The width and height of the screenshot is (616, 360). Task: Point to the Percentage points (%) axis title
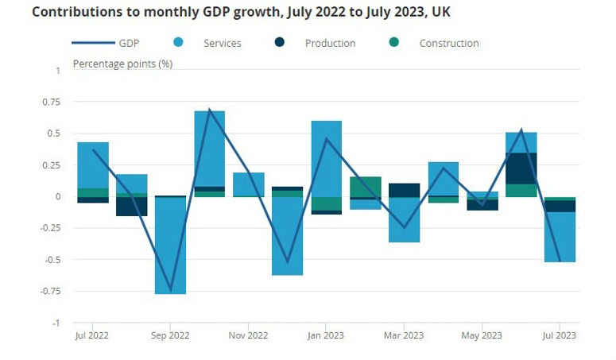pos(122,63)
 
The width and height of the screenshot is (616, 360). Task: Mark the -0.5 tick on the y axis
pos(51,260)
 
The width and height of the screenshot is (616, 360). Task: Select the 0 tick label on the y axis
pos(57,197)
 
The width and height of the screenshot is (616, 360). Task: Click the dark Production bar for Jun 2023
pos(521,168)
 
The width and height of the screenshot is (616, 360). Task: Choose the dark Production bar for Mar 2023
pos(404,190)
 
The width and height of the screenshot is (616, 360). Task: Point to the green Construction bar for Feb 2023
pos(365,186)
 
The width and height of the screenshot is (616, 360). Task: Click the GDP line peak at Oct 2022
pos(209,110)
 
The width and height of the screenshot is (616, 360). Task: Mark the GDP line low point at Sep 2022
pos(170,290)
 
